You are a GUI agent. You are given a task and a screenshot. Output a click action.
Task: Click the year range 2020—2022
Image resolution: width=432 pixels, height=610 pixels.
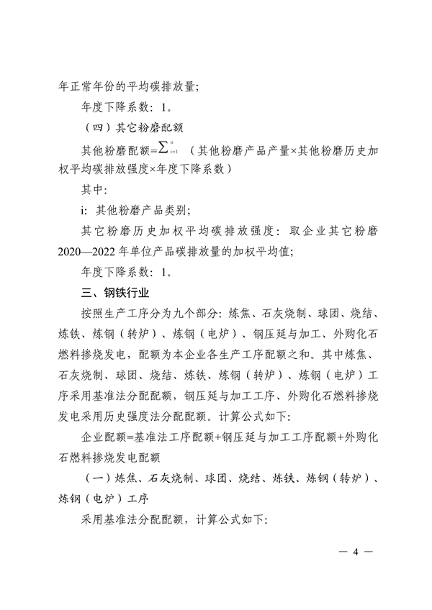coord(85,252)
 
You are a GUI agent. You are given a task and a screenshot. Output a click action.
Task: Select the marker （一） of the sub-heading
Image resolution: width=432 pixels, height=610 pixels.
coord(98,478)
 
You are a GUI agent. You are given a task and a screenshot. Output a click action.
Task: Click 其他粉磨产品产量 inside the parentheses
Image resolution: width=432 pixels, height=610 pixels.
coord(243,150)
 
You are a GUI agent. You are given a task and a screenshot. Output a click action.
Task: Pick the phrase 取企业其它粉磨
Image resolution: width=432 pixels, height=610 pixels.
coord(332,232)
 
